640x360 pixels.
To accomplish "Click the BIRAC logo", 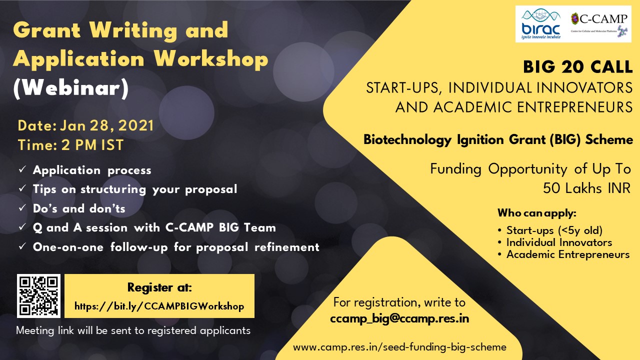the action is (x=541, y=24).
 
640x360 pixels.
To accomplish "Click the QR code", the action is (x=38, y=296).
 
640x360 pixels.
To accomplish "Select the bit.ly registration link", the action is (x=159, y=306).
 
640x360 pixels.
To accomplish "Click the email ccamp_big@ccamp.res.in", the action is (x=399, y=318).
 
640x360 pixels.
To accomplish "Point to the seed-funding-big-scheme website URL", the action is (x=399, y=347).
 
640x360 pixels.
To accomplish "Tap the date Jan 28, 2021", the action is (x=107, y=125).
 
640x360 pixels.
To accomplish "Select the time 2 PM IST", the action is (x=92, y=145).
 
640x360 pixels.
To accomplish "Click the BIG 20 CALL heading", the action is (x=577, y=67).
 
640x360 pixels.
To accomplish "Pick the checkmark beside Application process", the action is (x=22, y=169).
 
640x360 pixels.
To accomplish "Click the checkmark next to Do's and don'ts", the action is (x=22, y=207).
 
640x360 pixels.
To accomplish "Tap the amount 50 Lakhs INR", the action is (x=586, y=188).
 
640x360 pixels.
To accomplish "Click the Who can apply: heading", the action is (x=537, y=213).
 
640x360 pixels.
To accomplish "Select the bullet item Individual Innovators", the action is (x=559, y=242).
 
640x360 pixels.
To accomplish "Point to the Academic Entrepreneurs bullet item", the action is (x=568, y=254).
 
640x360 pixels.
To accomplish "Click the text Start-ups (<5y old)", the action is (x=554, y=230).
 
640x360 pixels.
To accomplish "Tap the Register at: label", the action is (x=159, y=287).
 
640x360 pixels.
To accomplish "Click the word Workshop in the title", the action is (x=211, y=59).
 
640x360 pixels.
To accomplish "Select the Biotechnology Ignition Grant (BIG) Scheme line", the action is (x=498, y=140).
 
